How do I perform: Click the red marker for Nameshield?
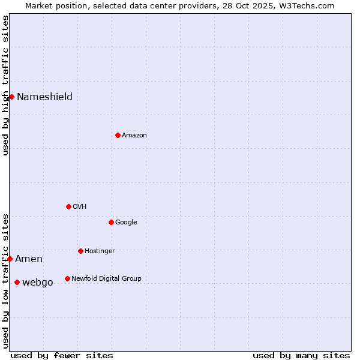pyautogui.click(x=11, y=97)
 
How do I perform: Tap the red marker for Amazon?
pyautogui.click(x=118, y=135)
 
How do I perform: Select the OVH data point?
pyautogui.click(x=68, y=206)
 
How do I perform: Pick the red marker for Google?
pyautogui.click(x=111, y=222)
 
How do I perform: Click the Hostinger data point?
pyautogui.click(x=80, y=251)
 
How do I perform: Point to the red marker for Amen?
pyautogui.click(x=10, y=259)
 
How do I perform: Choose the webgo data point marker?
pyautogui.click(x=17, y=282)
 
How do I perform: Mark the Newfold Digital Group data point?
pyautogui.click(x=67, y=278)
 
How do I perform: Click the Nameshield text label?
pyautogui.click(x=44, y=97)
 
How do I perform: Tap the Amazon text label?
pyautogui.click(x=134, y=136)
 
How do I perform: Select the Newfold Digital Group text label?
pyautogui.click(x=106, y=278)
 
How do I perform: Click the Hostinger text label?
pyautogui.click(x=100, y=251)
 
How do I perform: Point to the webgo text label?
pyautogui.click(x=37, y=283)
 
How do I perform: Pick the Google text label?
pyautogui.click(x=126, y=223)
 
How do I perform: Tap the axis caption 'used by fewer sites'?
pyautogui.click(x=62, y=355)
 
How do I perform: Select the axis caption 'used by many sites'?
pyautogui.click(x=301, y=355)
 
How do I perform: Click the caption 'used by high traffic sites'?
pyautogui.click(x=5, y=85)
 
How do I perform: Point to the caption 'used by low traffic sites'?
pyautogui.click(x=5, y=281)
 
